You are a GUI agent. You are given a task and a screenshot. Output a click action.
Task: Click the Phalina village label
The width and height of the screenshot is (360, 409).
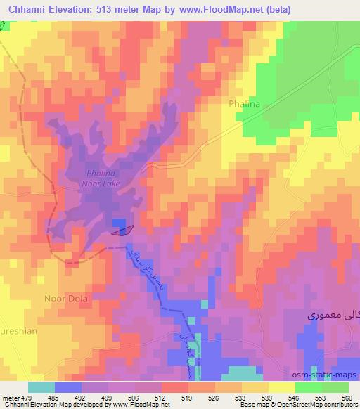(x=244, y=104)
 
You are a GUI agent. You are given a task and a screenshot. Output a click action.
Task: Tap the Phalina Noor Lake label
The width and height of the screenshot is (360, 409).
(x=103, y=178)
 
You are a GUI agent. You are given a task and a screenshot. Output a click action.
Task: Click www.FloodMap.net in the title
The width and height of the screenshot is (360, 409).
(x=214, y=10)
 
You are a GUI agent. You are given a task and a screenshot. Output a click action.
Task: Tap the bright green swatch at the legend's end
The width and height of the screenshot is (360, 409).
(x=335, y=387)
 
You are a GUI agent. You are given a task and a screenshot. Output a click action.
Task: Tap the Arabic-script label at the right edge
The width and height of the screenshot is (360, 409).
(x=333, y=318)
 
